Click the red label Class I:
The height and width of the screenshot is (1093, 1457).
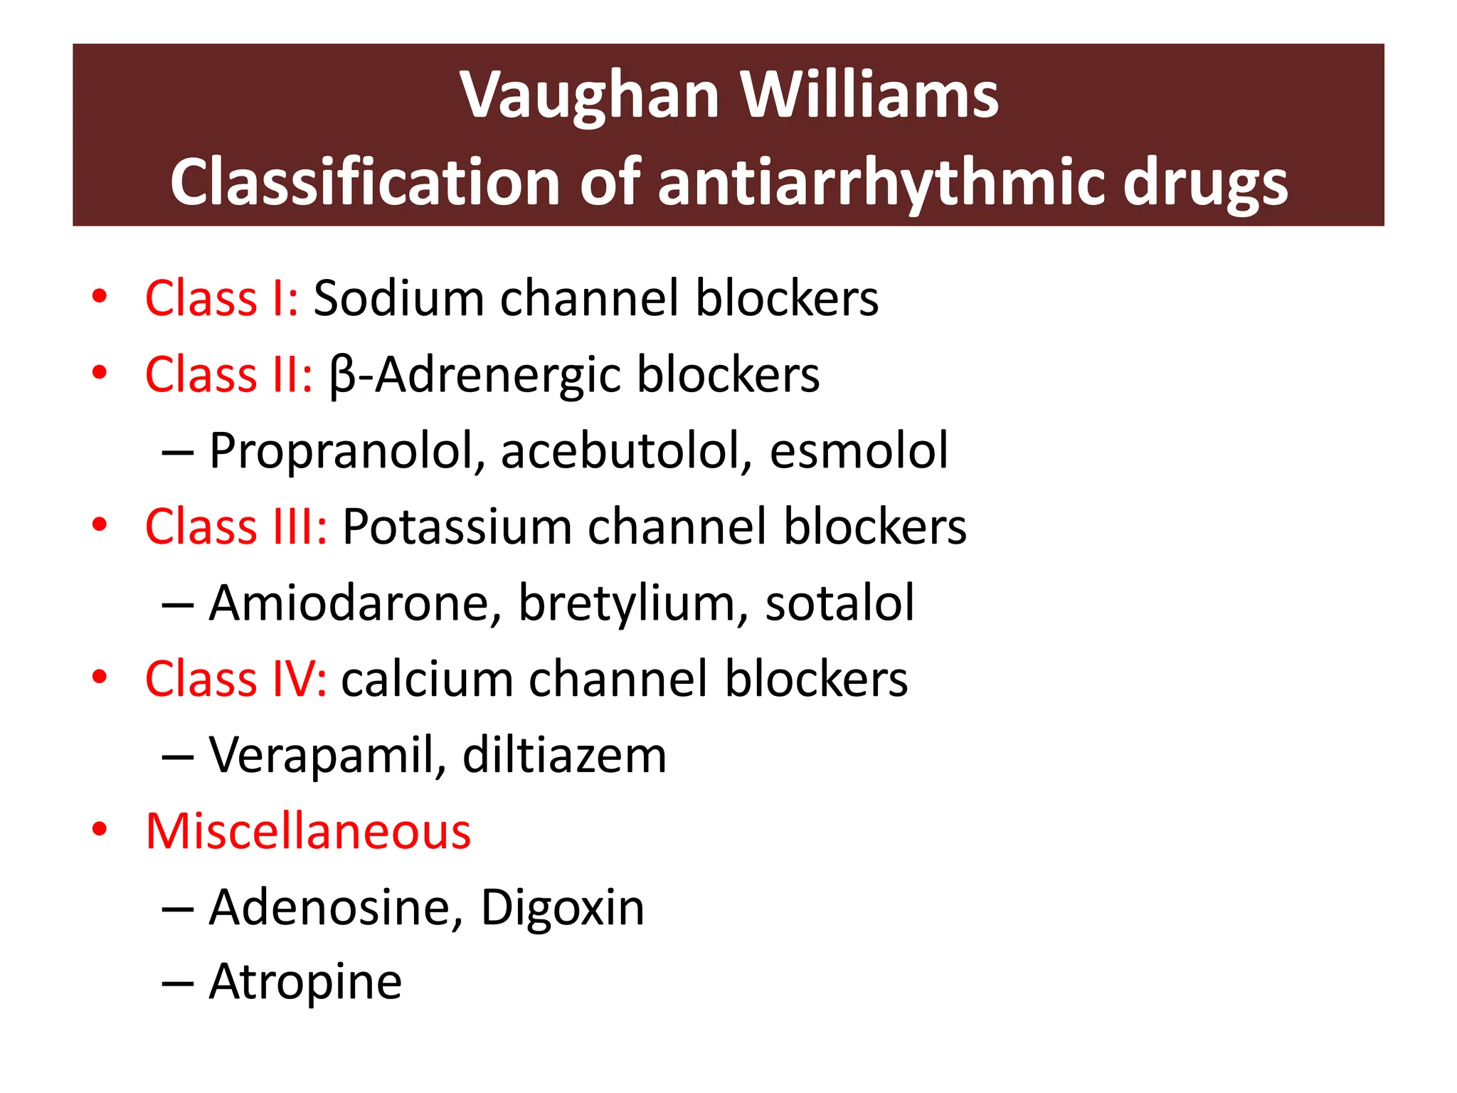[x=221, y=298]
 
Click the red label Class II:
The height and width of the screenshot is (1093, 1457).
[x=228, y=374]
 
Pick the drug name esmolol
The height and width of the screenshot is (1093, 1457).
[x=859, y=451]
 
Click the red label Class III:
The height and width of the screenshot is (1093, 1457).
[x=235, y=527]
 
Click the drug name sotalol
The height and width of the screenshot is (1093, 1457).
[x=839, y=603]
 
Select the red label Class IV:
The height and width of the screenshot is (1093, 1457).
[x=235, y=679]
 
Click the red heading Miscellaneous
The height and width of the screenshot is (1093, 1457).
[x=308, y=831]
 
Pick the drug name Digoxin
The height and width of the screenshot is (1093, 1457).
[x=562, y=908]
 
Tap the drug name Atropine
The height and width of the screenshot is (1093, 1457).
[x=305, y=983]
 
